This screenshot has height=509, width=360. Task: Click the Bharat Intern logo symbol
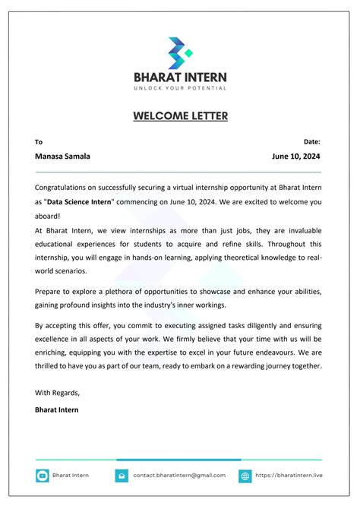tap(180, 51)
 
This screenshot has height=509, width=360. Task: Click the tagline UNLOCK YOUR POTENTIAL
tap(180, 88)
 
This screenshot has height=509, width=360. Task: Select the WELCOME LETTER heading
tap(180, 116)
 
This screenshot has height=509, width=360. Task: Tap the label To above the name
tap(39, 141)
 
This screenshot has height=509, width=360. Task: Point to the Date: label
tap(311, 141)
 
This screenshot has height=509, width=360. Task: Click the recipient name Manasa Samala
tap(62, 156)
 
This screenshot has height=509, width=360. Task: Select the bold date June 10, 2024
tap(296, 156)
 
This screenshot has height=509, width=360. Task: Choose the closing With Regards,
tap(57, 393)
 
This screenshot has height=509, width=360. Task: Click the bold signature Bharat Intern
tap(56, 409)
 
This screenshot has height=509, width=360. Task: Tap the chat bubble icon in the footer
tap(43, 476)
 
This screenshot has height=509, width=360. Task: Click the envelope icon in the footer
tap(122, 476)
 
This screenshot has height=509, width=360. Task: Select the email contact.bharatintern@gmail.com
tap(179, 476)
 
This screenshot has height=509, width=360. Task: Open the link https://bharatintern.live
tap(289, 476)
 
